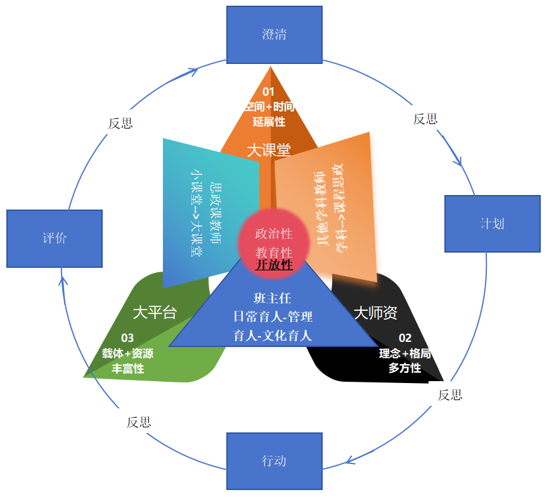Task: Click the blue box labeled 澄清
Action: pyautogui.click(x=274, y=34)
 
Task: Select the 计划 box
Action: pyautogui.click(x=492, y=223)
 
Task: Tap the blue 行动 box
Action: pyautogui.click(x=274, y=460)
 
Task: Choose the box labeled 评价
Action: pyautogui.click(x=55, y=239)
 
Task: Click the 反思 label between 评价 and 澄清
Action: pyautogui.click(x=120, y=123)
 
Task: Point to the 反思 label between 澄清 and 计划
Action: pyautogui.click(x=425, y=119)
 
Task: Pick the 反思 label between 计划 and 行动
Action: pyautogui.click(x=450, y=395)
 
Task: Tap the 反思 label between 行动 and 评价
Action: pyautogui.click(x=139, y=422)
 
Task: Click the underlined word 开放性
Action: pyautogui.click(x=274, y=265)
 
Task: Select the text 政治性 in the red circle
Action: pyautogui.click(x=274, y=234)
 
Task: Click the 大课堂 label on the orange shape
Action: pyautogui.click(x=269, y=150)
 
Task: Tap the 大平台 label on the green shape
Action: pyautogui.click(x=155, y=312)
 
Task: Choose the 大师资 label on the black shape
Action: pyautogui.click(x=375, y=313)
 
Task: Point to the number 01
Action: pyautogui.click(x=269, y=92)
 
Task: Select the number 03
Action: pyautogui.click(x=128, y=338)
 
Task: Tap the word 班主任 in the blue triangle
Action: pyautogui.click(x=273, y=298)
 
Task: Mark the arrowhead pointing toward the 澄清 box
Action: pyautogui.click(x=193, y=70)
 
